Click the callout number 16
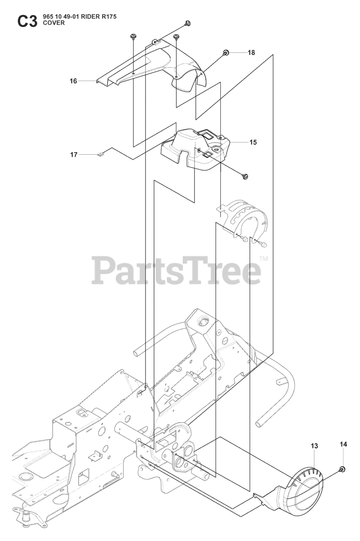74,81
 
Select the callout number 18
251,53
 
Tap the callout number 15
253,142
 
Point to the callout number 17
74,155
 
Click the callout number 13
314,446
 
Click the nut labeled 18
226,52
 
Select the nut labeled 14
342,469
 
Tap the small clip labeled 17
100,155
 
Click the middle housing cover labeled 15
195,148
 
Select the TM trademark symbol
263,258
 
